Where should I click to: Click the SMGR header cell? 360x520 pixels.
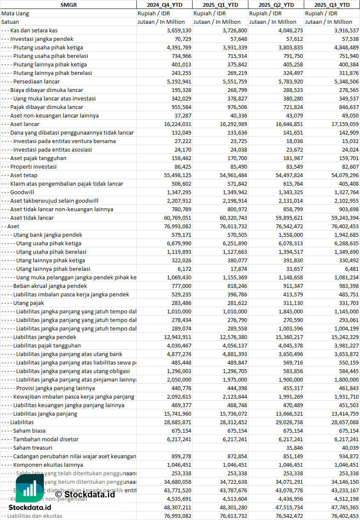[68, 5]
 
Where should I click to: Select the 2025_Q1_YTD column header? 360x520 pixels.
[220, 5]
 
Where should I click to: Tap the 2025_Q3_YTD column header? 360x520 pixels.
[332, 5]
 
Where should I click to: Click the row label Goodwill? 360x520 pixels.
[22, 192]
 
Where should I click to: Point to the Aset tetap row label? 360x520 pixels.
[24, 175]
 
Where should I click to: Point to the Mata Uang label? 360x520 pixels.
[15, 13]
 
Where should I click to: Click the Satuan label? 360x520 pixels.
[10, 22]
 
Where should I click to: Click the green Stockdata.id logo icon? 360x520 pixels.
[30, 489]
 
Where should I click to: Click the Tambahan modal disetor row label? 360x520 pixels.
[43, 439]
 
